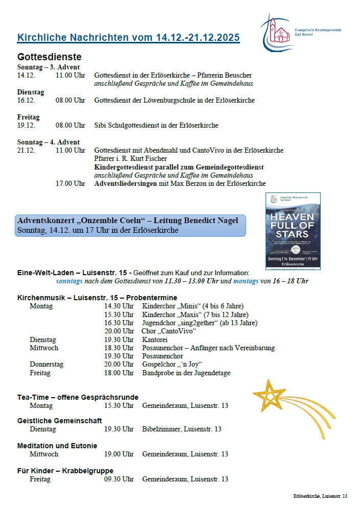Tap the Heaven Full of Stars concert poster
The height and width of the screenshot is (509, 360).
293,224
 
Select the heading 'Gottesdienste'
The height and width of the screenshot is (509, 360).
50,57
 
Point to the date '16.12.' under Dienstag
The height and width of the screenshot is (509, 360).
27,100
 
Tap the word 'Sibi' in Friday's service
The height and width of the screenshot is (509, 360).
101,125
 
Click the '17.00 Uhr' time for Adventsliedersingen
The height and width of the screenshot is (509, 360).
70,183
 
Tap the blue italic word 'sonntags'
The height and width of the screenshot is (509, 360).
69,281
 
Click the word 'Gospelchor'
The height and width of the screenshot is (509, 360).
159,365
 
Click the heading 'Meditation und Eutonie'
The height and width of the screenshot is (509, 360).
57,446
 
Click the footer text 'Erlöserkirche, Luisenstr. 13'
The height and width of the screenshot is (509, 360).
320,496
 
